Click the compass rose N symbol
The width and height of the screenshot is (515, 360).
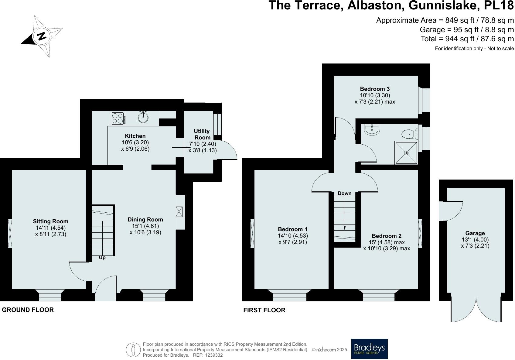[x=42, y=36]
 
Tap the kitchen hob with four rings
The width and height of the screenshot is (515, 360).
[x=119, y=118]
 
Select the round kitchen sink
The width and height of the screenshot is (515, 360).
[x=143, y=117]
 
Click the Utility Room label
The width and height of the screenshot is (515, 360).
[x=202, y=134]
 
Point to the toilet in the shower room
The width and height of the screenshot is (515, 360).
[x=409, y=134]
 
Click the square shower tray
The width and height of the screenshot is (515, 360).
[x=406, y=153]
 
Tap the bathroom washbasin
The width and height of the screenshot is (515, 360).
[x=371, y=129]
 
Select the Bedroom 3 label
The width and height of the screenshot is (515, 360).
[x=375, y=89]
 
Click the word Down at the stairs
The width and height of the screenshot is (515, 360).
[x=344, y=193]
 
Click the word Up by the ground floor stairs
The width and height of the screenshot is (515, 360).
[x=102, y=258]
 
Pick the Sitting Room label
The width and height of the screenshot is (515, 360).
[x=50, y=221]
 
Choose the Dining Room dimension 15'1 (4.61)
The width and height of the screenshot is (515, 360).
[x=145, y=226]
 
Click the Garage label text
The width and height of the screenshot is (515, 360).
[x=475, y=233]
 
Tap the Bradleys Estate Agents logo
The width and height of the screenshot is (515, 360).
[x=369, y=349]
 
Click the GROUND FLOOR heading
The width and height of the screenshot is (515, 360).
[x=28, y=310]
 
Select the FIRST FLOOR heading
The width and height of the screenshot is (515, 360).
[x=264, y=310]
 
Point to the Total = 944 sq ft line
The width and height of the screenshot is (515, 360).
[x=467, y=39]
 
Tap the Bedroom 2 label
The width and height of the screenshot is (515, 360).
[x=387, y=236]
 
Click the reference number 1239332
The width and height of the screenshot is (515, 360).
[x=214, y=355]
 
